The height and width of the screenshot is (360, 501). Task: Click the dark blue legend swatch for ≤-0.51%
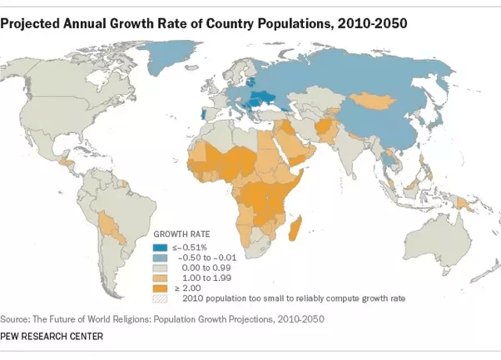tap(157, 248)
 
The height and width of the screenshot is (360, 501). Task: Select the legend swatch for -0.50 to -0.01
tap(157, 258)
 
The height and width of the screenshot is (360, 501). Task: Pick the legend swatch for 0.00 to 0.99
tap(157, 268)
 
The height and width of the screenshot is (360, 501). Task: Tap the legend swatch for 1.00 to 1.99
tap(157, 278)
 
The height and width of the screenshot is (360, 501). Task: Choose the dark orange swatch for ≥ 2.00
tap(157, 288)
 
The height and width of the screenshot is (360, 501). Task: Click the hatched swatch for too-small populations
tap(157, 298)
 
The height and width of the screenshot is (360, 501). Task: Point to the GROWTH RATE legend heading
tap(181, 235)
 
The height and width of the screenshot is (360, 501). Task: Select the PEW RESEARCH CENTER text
tap(52, 337)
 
